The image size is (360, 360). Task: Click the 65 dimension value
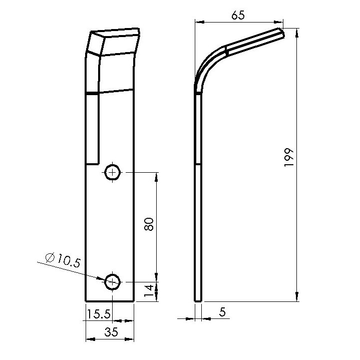click(x=238, y=16)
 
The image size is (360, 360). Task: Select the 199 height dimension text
click(x=289, y=157)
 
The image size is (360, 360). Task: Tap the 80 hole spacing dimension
click(x=149, y=224)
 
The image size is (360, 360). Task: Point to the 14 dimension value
click(x=149, y=290)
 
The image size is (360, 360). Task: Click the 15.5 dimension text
click(x=99, y=314)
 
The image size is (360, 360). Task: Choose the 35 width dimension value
click(x=111, y=332)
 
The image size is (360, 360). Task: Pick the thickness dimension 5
click(x=222, y=312)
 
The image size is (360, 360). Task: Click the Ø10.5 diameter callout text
click(x=63, y=260)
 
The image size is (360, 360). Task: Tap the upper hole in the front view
click(x=112, y=172)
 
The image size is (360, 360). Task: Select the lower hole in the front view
click(x=112, y=282)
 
